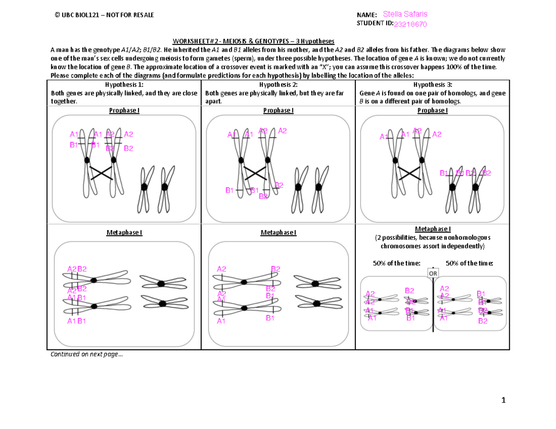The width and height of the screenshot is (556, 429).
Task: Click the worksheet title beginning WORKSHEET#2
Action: click(x=278, y=41)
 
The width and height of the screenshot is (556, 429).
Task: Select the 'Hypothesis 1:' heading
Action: click(x=124, y=85)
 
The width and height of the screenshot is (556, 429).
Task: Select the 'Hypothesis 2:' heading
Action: click(x=278, y=85)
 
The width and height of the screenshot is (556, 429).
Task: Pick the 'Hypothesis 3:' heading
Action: click(x=432, y=85)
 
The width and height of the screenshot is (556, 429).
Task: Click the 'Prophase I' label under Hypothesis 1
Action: click(x=124, y=111)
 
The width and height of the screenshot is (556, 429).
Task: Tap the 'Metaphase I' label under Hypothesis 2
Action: click(x=278, y=232)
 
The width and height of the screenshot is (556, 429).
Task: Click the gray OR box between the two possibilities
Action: click(x=433, y=274)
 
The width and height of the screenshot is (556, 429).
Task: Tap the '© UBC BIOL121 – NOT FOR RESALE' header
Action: click(x=104, y=15)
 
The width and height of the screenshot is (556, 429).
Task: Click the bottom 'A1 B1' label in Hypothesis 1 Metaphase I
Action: click(x=76, y=322)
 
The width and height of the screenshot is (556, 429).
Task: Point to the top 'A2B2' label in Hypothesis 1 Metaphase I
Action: click(x=76, y=269)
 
